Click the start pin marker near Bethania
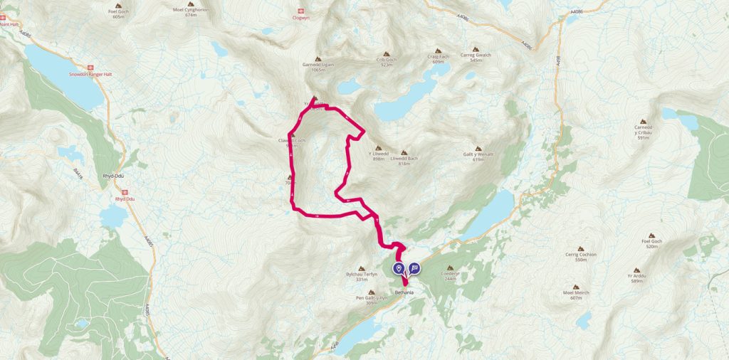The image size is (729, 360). (399, 268)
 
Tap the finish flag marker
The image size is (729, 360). (414, 268)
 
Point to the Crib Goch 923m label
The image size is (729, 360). (387, 62)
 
